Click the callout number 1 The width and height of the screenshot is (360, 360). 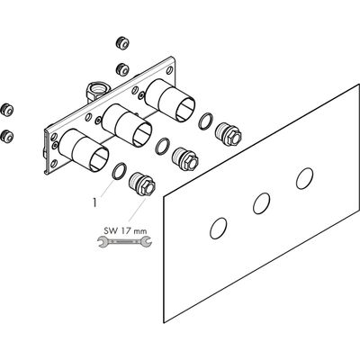pos(94,203)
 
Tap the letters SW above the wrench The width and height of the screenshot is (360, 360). pos(111,231)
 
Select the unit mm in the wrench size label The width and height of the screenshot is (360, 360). pos(140,232)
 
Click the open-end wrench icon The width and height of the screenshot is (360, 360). pos(125,241)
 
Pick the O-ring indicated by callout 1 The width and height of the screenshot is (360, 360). pos(119,172)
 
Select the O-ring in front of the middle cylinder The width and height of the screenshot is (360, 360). pos(163,146)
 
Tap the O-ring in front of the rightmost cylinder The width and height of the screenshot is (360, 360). pos(205,121)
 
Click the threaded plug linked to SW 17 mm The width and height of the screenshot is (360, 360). pos(142,184)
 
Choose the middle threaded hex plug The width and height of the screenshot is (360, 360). pos(185,159)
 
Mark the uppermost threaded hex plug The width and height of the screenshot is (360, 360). pos(229,134)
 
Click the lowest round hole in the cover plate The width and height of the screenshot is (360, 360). pos(218,229)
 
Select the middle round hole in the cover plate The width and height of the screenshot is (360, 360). pos(261,203)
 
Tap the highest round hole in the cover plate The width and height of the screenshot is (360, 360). pos(304,178)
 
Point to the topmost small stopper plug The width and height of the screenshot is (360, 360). pos(122,42)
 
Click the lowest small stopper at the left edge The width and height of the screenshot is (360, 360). pos(7,136)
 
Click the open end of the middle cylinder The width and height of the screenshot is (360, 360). pos(142,135)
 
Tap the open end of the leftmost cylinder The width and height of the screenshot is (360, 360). pos(99,160)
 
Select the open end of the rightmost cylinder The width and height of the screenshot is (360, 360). pos(185,110)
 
